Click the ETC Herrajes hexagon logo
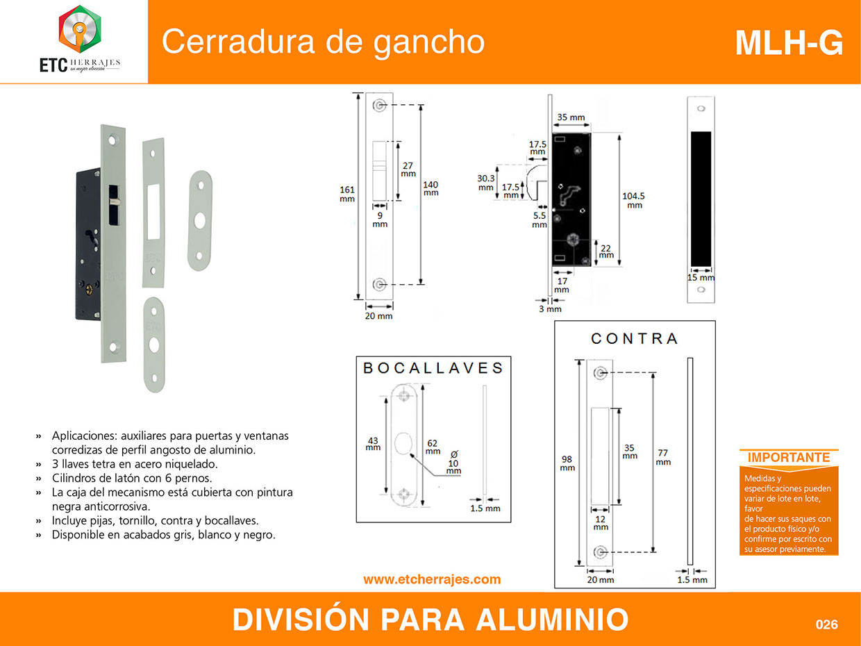tap(80, 29)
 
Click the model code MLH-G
tap(789, 43)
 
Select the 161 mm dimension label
tap(347, 194)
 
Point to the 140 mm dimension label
tap(430, 189)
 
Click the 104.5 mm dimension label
tap(633, 201)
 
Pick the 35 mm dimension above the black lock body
tap(571, 117)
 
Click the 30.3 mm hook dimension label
tap(485, 183)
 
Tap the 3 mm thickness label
tap(550, 309)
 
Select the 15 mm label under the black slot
tap(701, 278)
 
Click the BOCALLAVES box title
tap(433, 368)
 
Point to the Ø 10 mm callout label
tap(453, 463)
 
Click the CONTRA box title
tap(634, 338)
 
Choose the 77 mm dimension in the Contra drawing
tap(663, 457)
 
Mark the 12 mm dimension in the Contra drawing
tap(601, 523)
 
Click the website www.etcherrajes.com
tap(432, 579)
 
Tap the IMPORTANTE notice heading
tap(788, 458)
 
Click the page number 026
tap(826, 624)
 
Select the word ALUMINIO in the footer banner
tap(552, 620)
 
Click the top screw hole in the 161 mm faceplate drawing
tap(379, 105)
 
